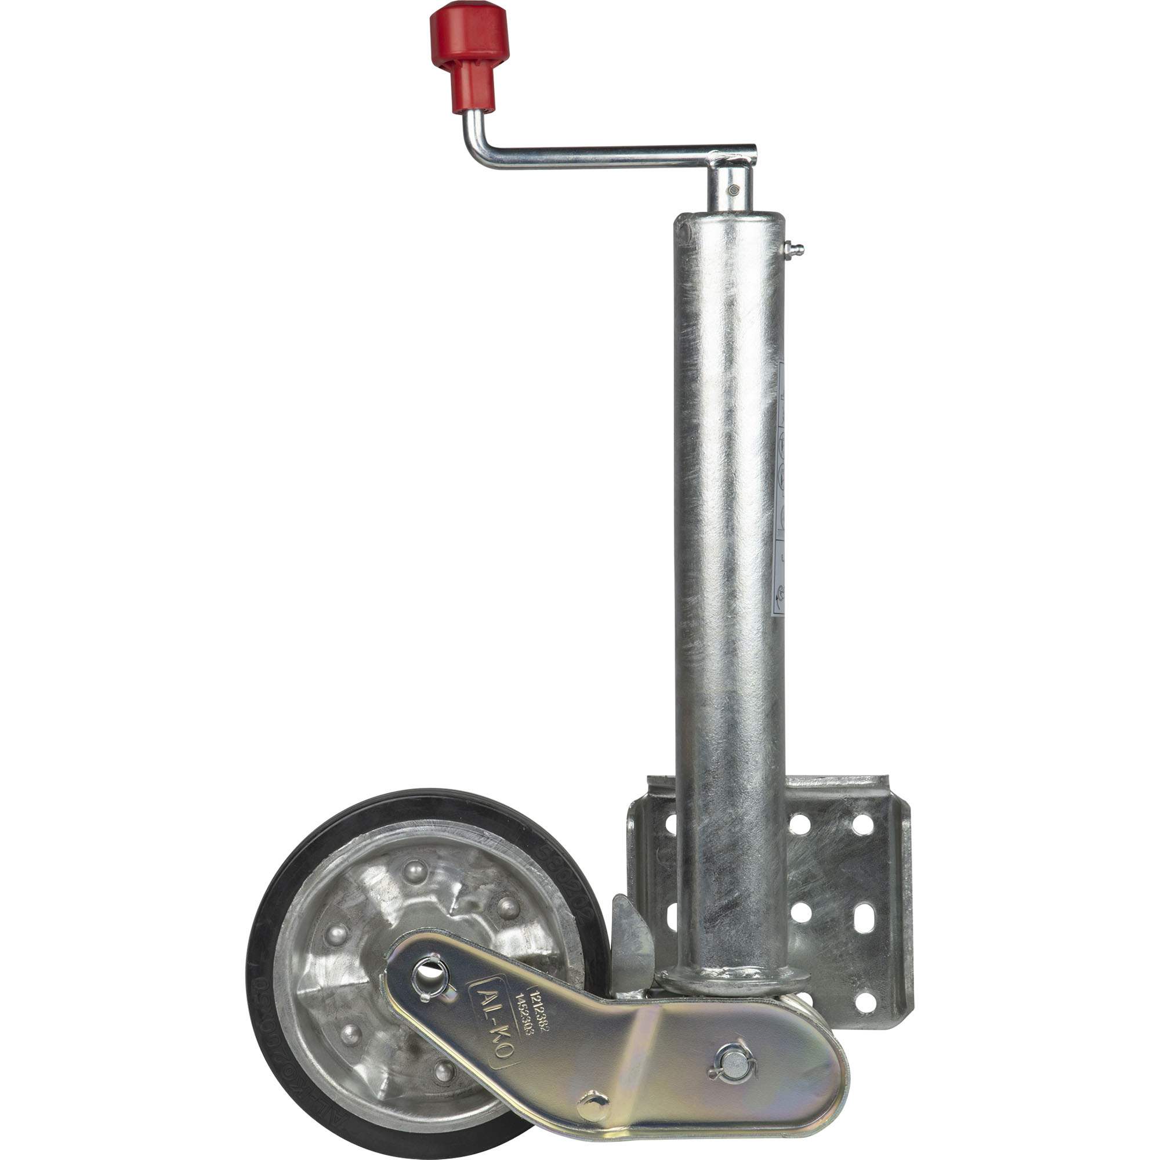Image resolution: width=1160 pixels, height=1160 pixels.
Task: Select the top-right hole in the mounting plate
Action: [863, 823]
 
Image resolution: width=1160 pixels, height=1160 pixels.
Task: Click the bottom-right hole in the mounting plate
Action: [864, 1002]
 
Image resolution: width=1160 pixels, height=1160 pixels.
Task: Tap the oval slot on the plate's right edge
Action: [864, 915]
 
